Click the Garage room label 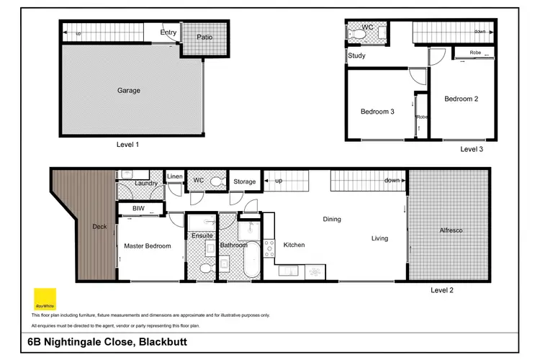[128, 91]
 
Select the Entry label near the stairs [168, 32]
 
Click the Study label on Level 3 [356, 55]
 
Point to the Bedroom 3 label [377, 111]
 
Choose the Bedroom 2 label [461, 99]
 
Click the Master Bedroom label [148, 246]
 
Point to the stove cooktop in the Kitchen [269, 248]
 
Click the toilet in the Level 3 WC [359, 32]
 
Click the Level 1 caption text [127, 144]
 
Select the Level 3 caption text [471, 149]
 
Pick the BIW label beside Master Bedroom [138, 210]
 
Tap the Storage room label [244, 181]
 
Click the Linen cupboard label [175, 177]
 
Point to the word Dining [331, 219]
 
